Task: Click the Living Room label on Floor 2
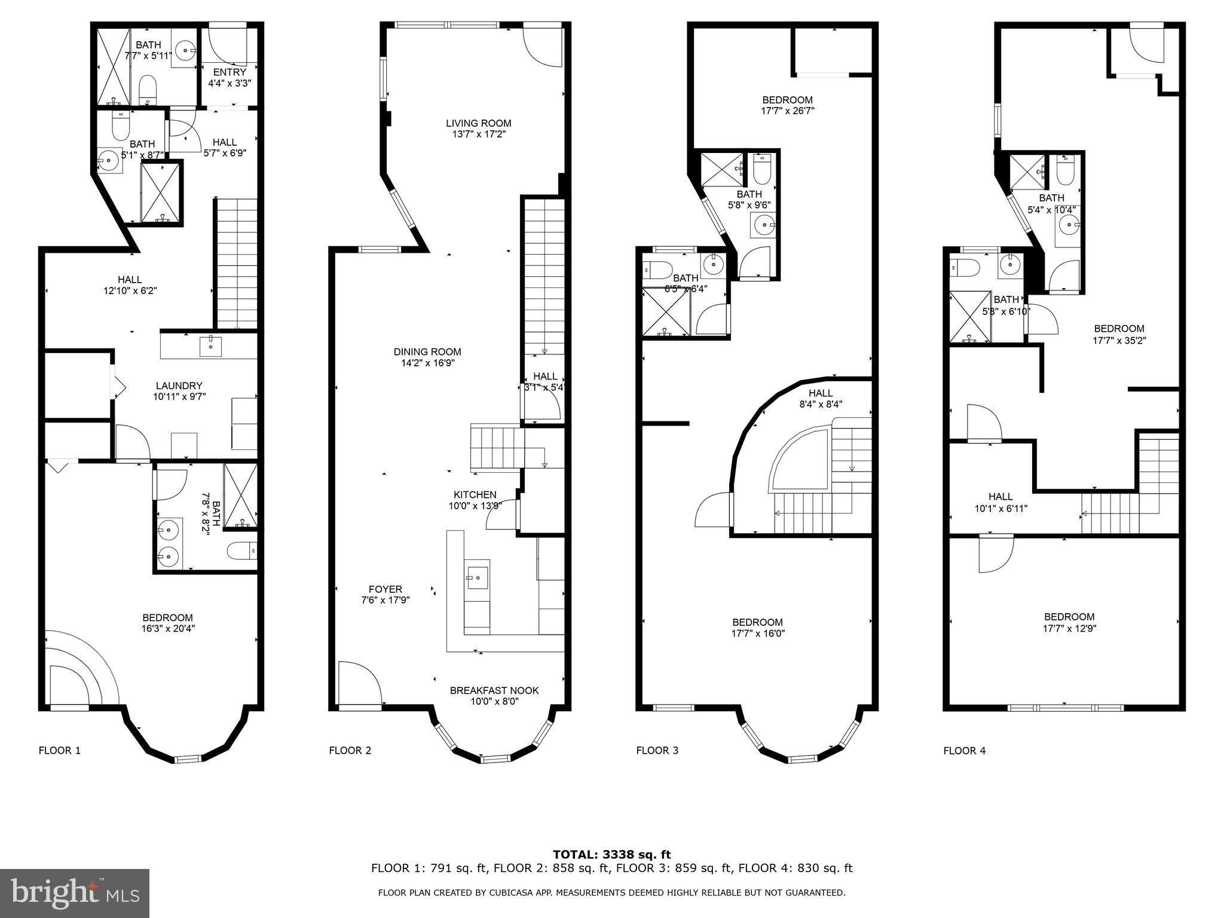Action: click(479, 124)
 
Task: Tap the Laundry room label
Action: click(179, 386)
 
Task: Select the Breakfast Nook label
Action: click(494, 691)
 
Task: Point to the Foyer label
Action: click(385, 589)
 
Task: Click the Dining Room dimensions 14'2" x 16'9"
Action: click(427, 363)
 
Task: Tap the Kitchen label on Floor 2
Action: click(475, 495)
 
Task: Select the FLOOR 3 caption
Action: click(657, 751)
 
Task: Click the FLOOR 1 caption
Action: click(59, 751)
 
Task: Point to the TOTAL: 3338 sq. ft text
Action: click(611, 855)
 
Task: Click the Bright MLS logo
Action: click(75, 893)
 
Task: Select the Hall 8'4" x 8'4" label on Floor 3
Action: click(821, 393)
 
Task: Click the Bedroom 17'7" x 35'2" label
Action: click(1119, 329)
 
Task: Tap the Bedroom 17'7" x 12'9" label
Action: click(1069, 617)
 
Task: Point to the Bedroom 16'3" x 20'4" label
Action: click(167, 618)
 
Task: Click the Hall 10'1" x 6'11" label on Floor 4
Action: click(1000, 497)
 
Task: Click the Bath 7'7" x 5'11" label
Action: click(148, 45)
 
